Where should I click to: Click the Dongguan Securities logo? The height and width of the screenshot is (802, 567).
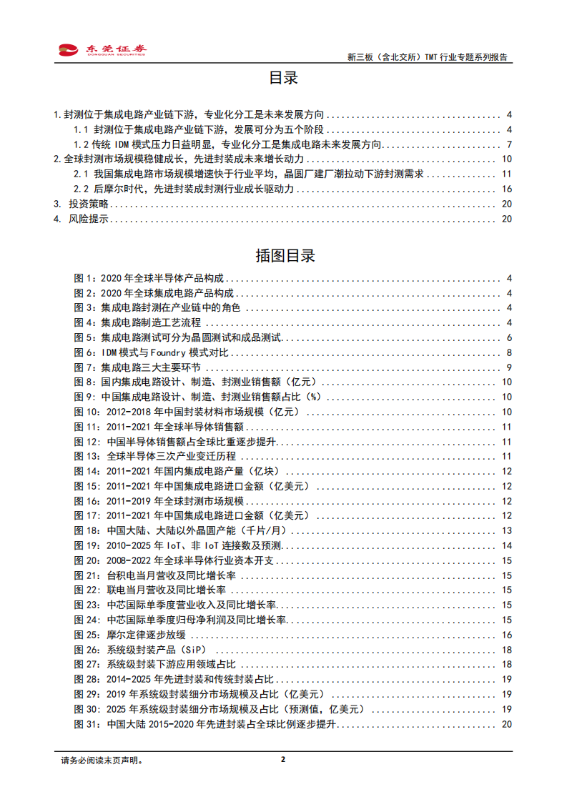pyautogui.click(x=102, y=49)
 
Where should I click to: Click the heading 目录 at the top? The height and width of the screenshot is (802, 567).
pyautogui.click(x=283, y=78)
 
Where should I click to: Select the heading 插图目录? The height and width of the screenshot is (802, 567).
pyautogui.click(x=284, y=256)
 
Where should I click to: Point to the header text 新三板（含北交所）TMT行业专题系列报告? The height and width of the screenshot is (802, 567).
pyautogui.click(x=427, y=57)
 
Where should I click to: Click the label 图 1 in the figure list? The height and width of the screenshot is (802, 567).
pyautogui.click(x=84, y=278)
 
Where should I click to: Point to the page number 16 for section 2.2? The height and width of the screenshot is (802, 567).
pyautogui.click(x=507, y=189)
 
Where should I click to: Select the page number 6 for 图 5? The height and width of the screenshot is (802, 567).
pyautogui.click(x=508, y=338)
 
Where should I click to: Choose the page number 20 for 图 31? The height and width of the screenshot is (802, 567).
pyautogui.click(x=507, y=725)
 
